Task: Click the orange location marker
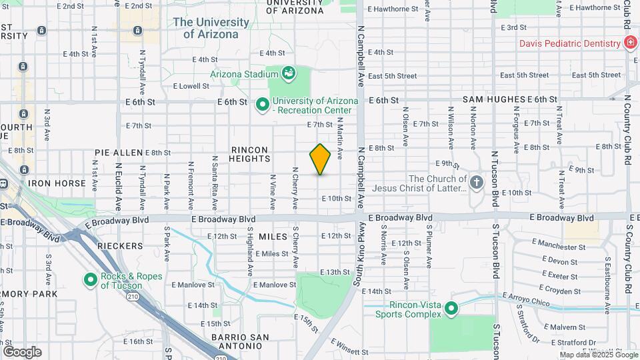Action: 320,159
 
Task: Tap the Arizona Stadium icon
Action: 289,73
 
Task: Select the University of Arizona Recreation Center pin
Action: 262,105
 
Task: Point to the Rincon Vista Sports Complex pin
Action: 451,309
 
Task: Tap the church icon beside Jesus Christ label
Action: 476,183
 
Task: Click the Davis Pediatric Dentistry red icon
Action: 629,43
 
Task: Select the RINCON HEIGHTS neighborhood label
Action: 251,154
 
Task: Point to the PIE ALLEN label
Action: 100,153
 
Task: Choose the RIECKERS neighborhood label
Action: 121,246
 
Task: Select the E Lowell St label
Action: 191,86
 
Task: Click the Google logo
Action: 22,351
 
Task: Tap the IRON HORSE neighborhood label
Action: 57,183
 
